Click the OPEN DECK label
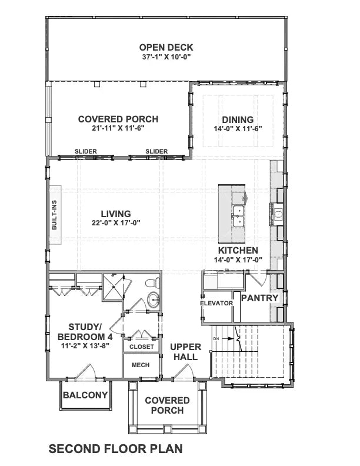pos(166,48)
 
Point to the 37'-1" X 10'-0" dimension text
pos(166,57)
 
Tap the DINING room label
pos(238,119)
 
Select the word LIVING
pos(115,214)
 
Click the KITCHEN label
pos(238,250)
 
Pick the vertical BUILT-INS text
pos(54,215)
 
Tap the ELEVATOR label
pos(216,303)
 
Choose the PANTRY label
pos(259,298)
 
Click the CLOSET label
pos(141,347)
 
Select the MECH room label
pos(141,365)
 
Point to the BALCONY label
pos(85,395)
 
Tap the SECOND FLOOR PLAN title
pos(115,449)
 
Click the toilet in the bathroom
pos(152,281)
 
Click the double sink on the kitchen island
pos(239,216)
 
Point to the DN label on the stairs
pos(216,339)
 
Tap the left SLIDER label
pos(86,152)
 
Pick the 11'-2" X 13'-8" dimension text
pos(85,345)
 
